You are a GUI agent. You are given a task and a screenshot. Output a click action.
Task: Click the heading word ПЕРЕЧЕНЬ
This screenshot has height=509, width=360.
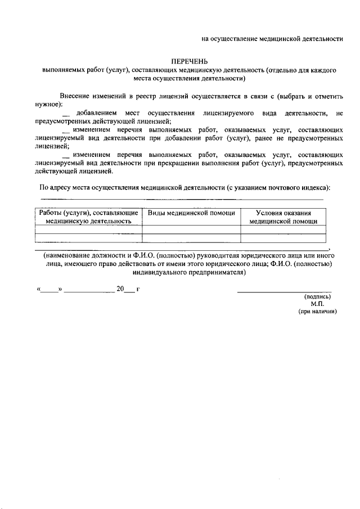point(190,61)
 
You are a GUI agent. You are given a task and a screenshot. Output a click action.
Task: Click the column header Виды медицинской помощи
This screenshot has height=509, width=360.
point(191,213)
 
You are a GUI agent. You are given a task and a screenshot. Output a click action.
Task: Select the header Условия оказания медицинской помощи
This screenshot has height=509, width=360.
point(283,217)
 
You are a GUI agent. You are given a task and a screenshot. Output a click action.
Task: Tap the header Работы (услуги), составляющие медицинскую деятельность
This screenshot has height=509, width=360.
point(88,217)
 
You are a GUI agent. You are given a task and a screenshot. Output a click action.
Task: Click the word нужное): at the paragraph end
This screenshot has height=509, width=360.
point(48,105)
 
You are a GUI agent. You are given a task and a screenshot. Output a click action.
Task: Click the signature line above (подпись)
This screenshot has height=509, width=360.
point(284,291)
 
